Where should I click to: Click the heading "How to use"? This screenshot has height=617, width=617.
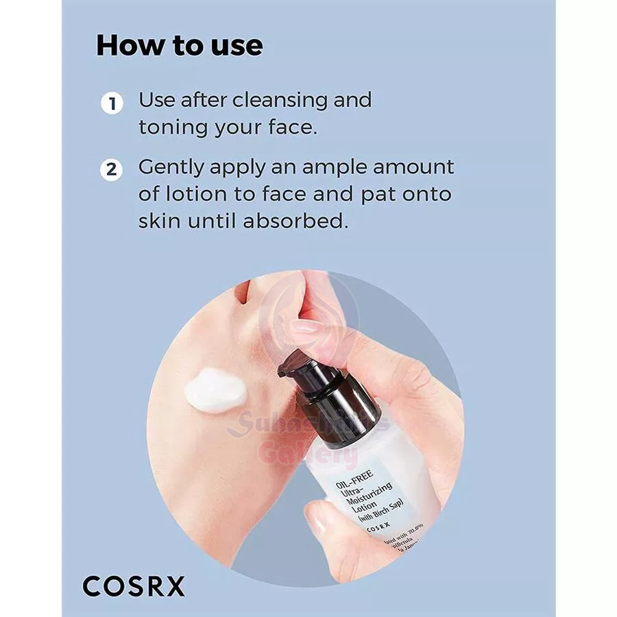[179, 45]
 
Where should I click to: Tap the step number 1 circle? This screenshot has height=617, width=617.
[112, 105]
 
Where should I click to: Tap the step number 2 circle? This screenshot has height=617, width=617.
[112, 169]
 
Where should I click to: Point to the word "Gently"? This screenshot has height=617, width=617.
[179, 168]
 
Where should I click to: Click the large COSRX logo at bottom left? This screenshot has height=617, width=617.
[134, 586]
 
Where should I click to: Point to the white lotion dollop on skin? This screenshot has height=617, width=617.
[215, 390]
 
